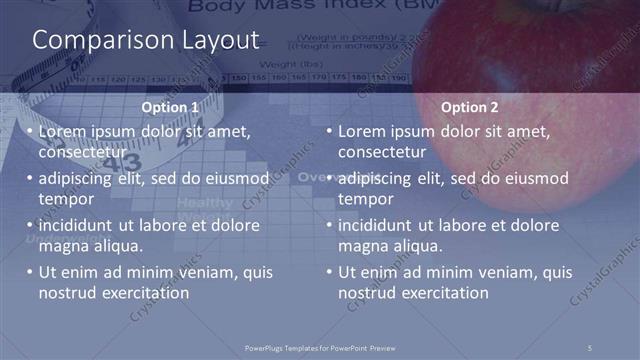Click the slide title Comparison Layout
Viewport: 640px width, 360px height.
pos(146,40)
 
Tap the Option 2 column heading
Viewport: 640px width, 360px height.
pos(465,107)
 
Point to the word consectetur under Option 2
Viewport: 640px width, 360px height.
pos(382,152)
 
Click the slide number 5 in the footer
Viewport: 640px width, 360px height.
pos(590,347)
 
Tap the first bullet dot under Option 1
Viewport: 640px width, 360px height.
pos(30,131)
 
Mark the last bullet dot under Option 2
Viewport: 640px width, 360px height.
pos(329,272)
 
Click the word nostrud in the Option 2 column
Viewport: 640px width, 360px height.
pos(364,293)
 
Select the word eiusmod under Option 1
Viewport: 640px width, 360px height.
pos(235,178)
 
